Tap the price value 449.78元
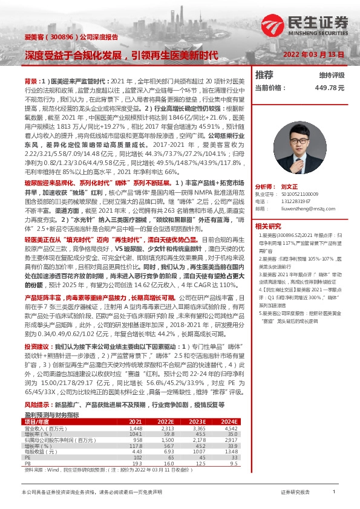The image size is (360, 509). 330,87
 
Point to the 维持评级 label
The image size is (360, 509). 332,75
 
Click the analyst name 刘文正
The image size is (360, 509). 290,187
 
